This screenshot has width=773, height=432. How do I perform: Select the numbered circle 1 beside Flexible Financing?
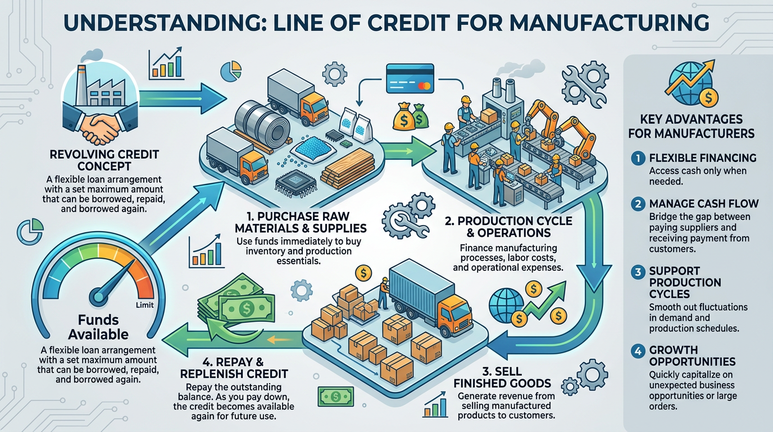click(x=638, y=159)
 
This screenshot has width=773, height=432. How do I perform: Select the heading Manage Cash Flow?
click(x=703, y=204)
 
